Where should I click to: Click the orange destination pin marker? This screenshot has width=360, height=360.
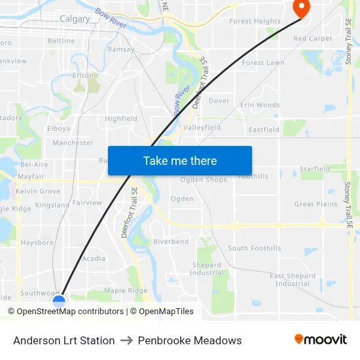pyautogui.click(x=301, y=8)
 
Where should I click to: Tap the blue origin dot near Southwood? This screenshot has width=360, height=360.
pyautogui.click(x=59, y=301)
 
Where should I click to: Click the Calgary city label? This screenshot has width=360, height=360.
pyautogui.click(x=75, y=19)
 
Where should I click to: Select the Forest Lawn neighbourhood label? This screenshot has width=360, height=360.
pyautogui.click(x=263, y=63)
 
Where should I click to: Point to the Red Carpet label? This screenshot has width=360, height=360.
pyautogui.click(x=312, y=39)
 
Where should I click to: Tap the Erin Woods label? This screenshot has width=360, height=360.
pyautogui.click(x=260, y=105)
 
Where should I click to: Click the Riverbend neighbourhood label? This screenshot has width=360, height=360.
pyautogui.click(x=171, y=242)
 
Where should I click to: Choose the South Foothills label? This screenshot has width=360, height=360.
pyautogui.click(x=254, y=248)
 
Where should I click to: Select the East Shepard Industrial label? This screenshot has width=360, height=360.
pyautogui.click(x=293, y=279)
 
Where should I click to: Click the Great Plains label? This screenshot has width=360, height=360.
pyautogui.click(x=315, y=204)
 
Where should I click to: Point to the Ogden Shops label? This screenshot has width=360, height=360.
pyautogui.click(x=204, y=180)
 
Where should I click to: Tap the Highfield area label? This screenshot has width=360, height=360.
pyautogui.click(x=121, y=119)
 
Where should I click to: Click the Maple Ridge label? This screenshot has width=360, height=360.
pyautogui.click(x=126, y=290)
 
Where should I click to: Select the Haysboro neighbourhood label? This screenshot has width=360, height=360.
pyautogui.click(x=37, y=242)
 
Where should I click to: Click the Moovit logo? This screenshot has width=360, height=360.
pyautogui.click(x=320, y=340)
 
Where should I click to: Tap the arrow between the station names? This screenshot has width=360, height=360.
pyautogui.click(x=126, y=340)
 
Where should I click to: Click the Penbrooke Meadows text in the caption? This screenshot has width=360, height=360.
pyautogui.click(x=190, y=340)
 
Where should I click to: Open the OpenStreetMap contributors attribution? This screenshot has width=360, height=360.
pyautogui.click(x=70, y=312)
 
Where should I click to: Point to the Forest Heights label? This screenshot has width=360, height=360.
pyautogui.click(x=255, y=22)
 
